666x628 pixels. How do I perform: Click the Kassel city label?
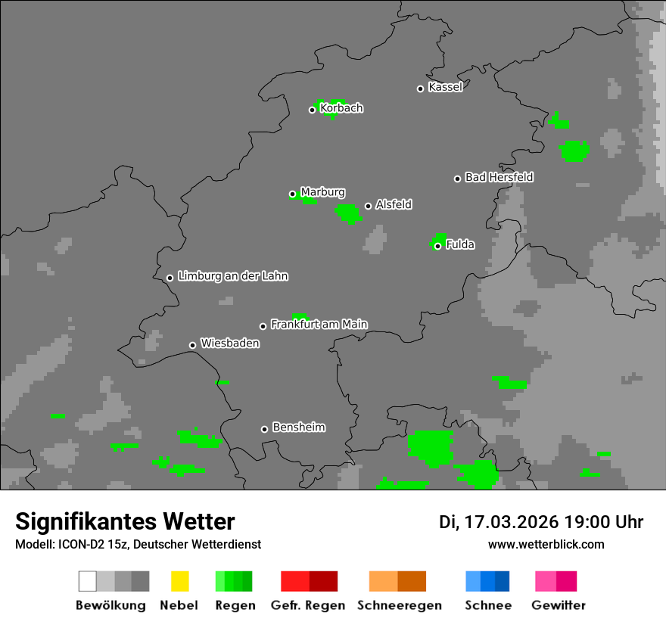tap(445, 87)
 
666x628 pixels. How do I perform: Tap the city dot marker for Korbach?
tap(312, 110)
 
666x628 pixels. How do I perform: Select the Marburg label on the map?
tap(322, 192)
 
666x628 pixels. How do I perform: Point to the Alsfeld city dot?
tap(368, 206)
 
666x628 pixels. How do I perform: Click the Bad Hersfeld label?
tap(499, 177)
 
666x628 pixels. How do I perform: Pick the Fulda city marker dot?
tap(437, 246)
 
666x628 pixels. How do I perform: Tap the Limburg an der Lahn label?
tap(233, 276)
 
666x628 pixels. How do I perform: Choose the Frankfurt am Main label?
tap(319, 325)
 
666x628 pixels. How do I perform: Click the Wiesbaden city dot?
tap(192, 345)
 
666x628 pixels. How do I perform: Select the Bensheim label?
tap(298, 427)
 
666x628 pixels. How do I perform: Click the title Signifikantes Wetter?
tap(125, 521)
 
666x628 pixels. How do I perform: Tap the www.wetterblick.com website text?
tap(546, 544)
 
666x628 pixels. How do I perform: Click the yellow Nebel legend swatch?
tap(179, 581)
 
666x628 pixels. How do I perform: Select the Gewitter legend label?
tap(559, 605)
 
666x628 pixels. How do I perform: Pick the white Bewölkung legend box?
tap(88, 581)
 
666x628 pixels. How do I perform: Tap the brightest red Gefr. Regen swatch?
tap(294, 581)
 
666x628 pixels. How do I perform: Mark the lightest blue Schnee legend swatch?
tap(473, 581)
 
